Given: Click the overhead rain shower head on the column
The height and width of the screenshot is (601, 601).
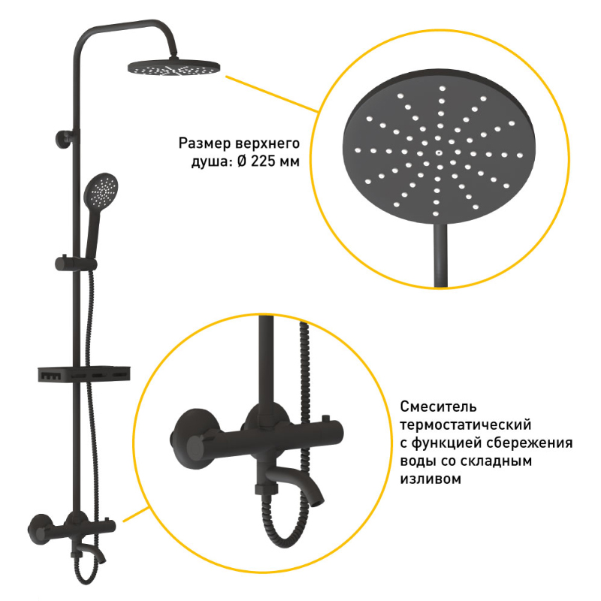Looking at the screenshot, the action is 174,68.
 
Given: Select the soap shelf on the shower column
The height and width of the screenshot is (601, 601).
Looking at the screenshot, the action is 84,373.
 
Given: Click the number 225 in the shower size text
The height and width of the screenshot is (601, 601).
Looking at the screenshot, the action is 263,162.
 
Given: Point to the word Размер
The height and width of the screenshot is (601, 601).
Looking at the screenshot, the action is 204,143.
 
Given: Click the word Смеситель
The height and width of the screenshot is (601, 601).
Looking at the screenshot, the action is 439,406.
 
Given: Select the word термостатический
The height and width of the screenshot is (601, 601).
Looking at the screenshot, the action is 466,424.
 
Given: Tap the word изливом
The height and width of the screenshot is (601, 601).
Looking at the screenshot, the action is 430,479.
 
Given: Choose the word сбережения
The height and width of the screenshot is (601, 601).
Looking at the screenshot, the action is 530,443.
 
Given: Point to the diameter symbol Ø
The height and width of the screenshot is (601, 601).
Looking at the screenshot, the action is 242,162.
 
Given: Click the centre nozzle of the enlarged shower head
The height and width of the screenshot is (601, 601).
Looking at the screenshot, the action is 437,153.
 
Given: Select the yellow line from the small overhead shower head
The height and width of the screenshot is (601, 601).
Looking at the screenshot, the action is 271,93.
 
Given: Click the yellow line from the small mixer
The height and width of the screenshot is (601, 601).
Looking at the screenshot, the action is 136,515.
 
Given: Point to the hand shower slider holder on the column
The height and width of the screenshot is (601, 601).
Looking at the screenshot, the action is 76,264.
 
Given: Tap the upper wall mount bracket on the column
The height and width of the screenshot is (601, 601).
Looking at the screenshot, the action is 66,138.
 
